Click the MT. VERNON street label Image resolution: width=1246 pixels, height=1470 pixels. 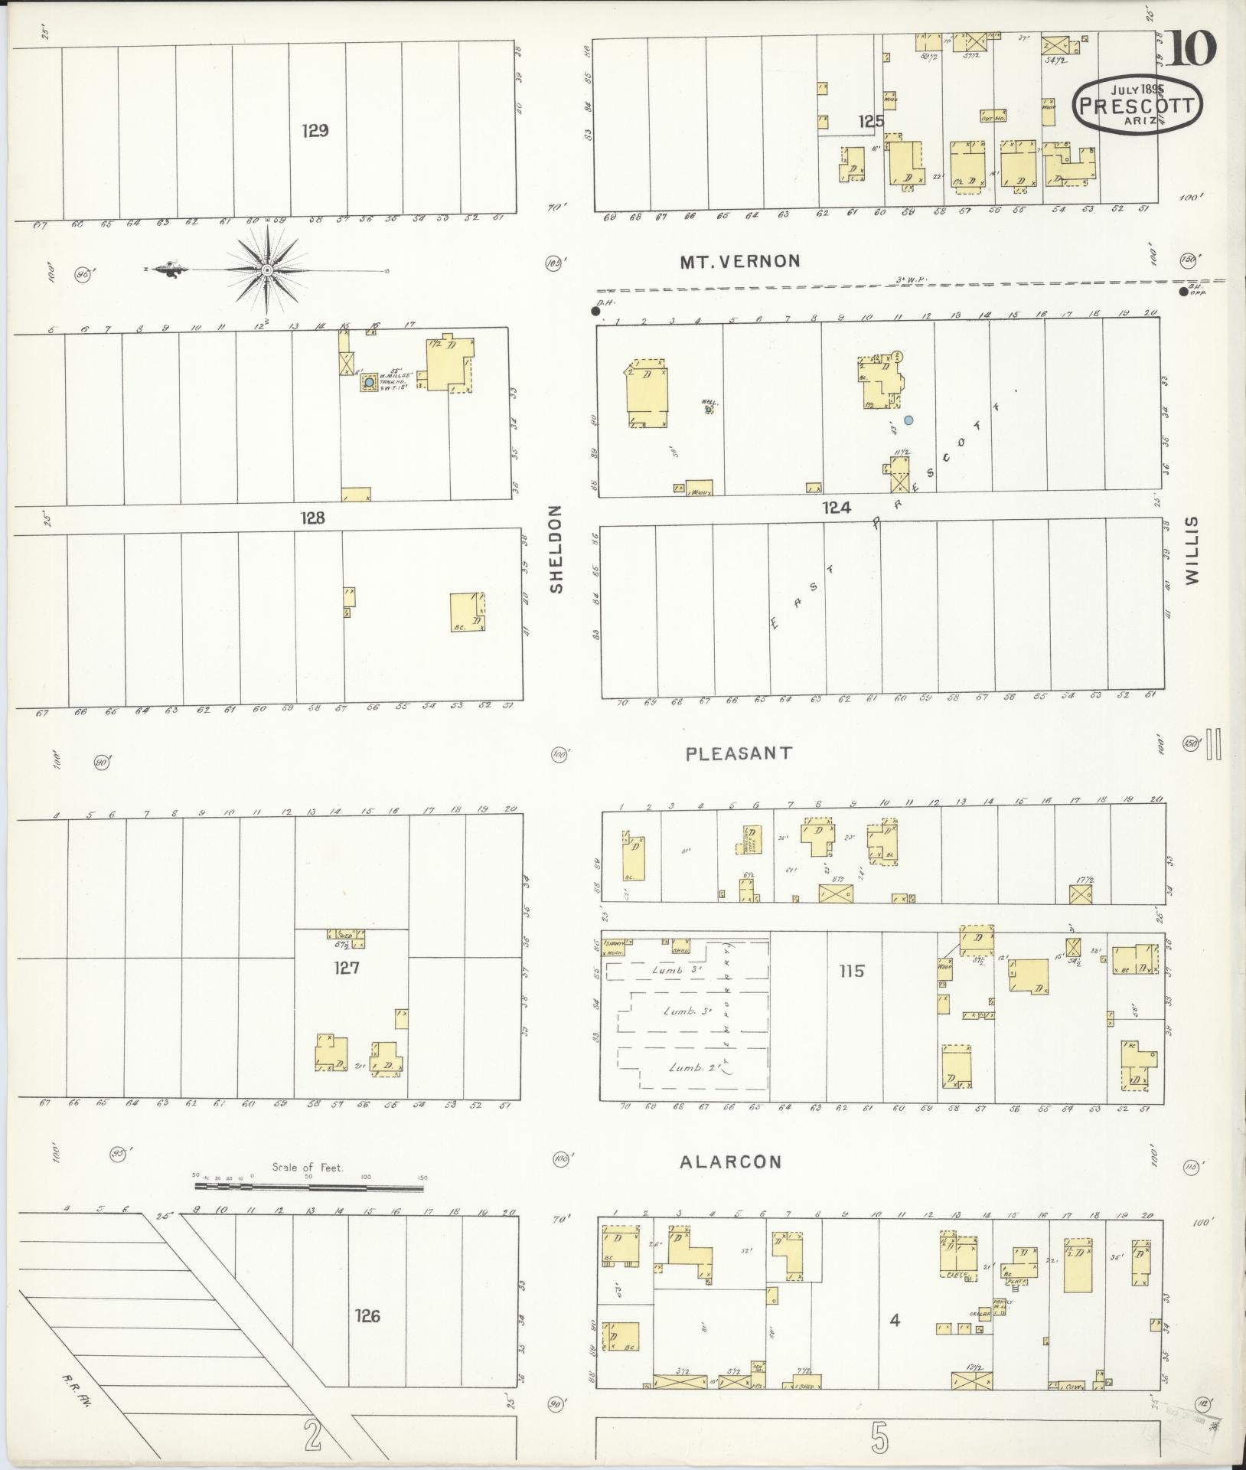[739, 261]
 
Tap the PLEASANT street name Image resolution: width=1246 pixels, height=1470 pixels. [739, 753]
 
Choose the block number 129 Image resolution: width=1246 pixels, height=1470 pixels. [315, 130]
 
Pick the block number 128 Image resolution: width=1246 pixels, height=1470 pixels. [312, 518]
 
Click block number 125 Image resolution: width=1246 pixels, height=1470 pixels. [870, 121]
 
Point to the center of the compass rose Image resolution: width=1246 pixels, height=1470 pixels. [267, 270]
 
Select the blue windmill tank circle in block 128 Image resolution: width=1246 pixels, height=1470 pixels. [369, 381]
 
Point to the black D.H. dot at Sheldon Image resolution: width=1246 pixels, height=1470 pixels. [595, 311]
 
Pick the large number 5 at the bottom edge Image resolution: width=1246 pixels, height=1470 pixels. [880, 1439]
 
